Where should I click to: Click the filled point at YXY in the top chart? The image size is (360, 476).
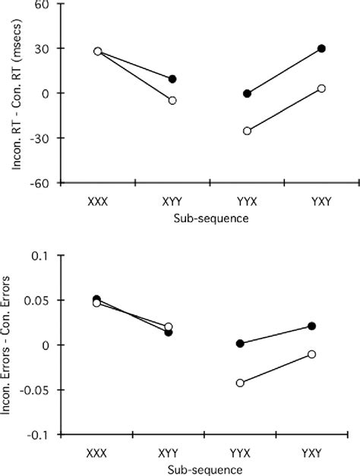coord(321,49)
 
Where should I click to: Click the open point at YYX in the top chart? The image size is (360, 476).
coord(248,131)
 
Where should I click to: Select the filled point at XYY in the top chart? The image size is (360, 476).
coord(172,79)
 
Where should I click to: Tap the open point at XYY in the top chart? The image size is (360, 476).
coord(172,100)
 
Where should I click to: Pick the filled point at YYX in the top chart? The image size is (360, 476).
coord(248,93)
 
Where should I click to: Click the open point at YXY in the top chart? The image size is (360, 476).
coord(321,89)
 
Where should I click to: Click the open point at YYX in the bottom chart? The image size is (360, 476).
coord(241,383)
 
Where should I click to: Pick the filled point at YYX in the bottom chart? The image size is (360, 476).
coord(241,343)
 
